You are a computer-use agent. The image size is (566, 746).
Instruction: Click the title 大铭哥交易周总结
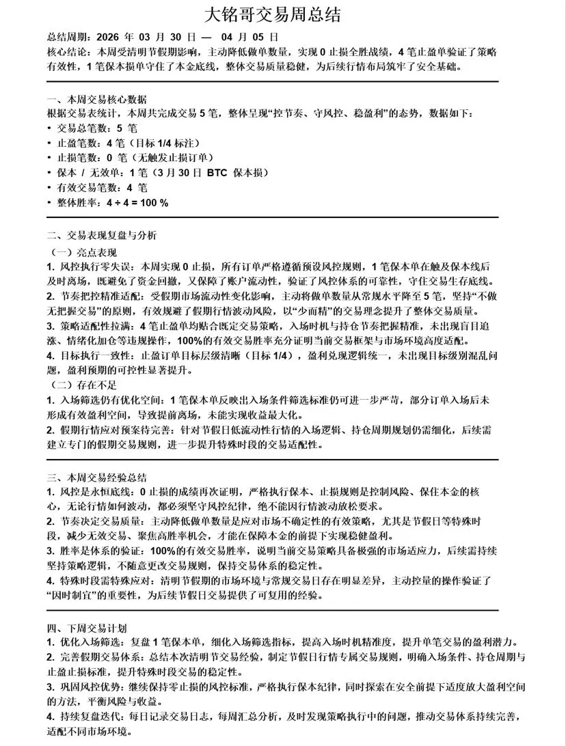[x=282, y=15]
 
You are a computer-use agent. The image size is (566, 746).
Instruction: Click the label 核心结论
[x=69, y=52]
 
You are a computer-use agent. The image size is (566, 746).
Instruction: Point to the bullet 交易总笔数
[x=81, y=128]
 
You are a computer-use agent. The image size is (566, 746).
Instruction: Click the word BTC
[x=217, y=173]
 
